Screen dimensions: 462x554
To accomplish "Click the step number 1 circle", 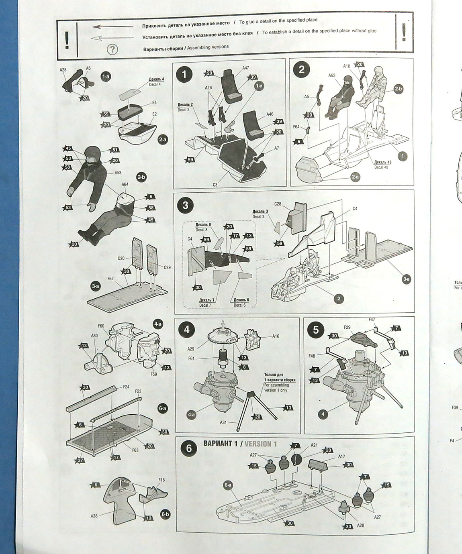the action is click(184, 74).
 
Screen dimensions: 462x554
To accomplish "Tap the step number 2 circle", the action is click(301, 70).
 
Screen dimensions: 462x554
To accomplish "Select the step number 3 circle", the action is click(185, 205).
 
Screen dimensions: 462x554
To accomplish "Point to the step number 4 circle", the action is click(186, 330).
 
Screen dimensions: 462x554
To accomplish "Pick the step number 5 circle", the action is click(315, 330).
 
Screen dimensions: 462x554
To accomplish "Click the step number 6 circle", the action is click(189, 448).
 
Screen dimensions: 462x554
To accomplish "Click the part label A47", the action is click(245, 68).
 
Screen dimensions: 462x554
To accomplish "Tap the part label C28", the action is click(278, 204).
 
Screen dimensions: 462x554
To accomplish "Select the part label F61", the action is click(191, 358).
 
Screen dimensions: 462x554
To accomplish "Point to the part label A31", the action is click(223, 422).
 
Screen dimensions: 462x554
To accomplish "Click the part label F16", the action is click(161, 480).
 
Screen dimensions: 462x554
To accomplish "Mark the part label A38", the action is click(94, 515).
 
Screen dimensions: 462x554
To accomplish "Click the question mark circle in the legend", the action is click(112, 49).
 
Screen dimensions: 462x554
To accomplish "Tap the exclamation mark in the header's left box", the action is click(67, 39).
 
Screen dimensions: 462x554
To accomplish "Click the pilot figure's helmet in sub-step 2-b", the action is click(93, 154).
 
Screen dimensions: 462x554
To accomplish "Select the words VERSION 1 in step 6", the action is click(261, 444).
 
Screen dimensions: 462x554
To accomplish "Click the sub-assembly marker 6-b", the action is click(165, 514).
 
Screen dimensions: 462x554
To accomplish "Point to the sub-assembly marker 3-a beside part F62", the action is click(95, 286).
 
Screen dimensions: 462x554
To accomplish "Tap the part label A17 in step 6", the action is click(341, 456).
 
